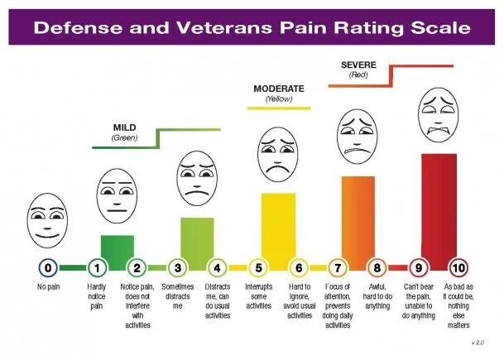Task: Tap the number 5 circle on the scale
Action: click(258, 267)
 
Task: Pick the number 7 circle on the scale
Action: click(338, 267)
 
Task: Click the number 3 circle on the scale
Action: click(178, 267)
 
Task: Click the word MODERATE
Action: click(279, 88)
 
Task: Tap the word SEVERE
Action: click(358, 64)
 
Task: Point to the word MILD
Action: click(124, 127)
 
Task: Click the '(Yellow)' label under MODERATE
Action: click(278, 98)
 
